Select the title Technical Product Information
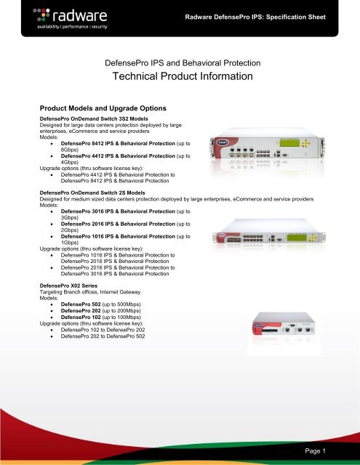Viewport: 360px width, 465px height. (x=180, y=76)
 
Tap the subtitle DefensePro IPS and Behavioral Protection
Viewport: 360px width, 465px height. (x=180, y=62)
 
